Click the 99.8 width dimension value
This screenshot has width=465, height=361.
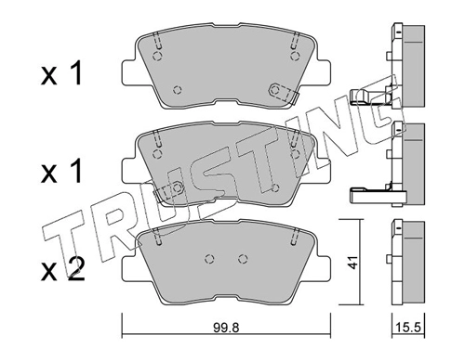pyautogui.click(x=226, y=328)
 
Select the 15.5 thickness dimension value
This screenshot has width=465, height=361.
pyautogui.click(x=409, y=327)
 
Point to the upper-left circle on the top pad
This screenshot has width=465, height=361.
pyautogui.click(x=158, y=57)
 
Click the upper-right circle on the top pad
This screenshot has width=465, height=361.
pyautogui.click(x=295, y=57)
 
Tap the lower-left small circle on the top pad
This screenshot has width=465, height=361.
pyautogui.click(x=177, y=90)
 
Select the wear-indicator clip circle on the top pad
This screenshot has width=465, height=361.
pyautogui.click(x=275, y=90)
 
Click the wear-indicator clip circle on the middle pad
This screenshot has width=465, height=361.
pyautogui.click(x=177, y=187)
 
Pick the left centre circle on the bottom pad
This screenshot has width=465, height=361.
pyautogui.click(x=210, y=259)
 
